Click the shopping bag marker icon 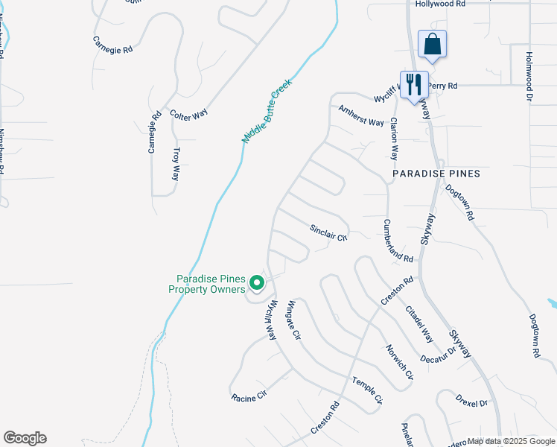click(432, 45)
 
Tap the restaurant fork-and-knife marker click(414, 84)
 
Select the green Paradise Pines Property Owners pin click(257, 282)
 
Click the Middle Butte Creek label click(267, 111)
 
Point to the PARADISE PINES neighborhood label click(436, 174)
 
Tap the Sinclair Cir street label click(328, 232)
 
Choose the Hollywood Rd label click(440, 4)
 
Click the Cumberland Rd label click(398, 241)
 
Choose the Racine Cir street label click(249, 398)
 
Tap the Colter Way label click(188, 114)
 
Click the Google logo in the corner click(25, 438)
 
